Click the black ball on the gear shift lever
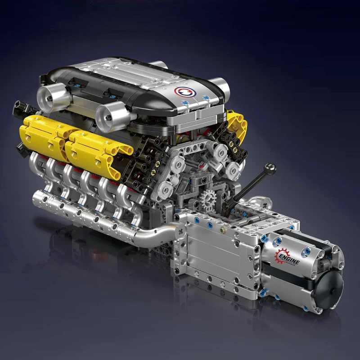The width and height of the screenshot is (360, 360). [270, 167]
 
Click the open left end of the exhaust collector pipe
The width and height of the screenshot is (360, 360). [36, 197]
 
